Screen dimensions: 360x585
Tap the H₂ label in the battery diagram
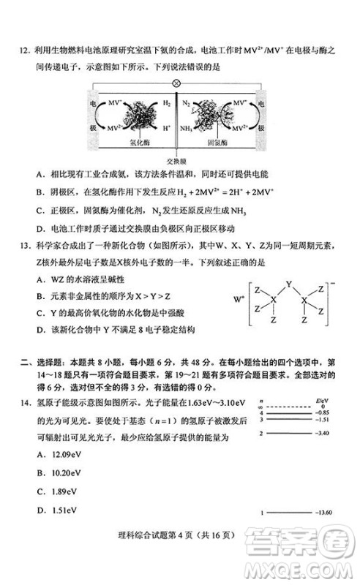166,105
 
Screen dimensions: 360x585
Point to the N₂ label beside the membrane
186,105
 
